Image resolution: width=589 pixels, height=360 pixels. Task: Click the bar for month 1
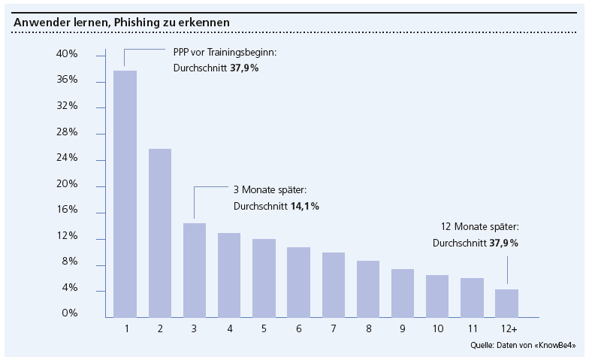125,193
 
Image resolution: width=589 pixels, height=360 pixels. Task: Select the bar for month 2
160,232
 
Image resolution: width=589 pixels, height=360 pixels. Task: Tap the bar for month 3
194,269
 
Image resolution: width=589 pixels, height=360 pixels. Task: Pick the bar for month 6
298,281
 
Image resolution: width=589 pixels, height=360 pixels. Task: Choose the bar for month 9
402,292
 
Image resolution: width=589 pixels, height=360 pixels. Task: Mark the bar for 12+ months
506,302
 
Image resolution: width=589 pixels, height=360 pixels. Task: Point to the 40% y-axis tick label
68,54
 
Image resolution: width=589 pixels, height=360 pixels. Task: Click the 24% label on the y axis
68,158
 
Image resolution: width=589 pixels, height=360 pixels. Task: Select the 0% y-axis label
70,313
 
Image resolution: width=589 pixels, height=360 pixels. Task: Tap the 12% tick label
68,235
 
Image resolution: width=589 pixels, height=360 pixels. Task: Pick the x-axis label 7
334,329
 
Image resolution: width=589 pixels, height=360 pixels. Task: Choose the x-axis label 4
229,329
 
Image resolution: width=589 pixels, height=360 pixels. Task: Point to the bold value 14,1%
304,206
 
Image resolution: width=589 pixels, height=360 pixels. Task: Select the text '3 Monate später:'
270,190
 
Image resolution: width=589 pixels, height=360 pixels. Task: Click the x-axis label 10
437,329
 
